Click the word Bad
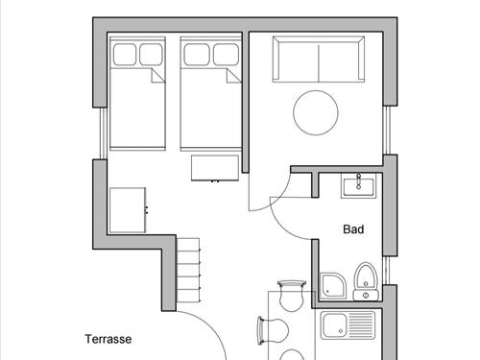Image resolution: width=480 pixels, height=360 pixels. pyautogui.click(x=353, y=229)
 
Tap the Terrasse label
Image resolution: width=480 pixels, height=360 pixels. pyautogui.click(x=108, y=339)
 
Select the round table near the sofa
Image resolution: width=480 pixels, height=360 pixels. pyautogui.click(x=315, y=112)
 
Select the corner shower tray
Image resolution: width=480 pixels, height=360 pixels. pyautogui.click(x=332, y=283)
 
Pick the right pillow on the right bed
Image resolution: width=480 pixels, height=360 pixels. pyautogui.click(x=226, y=53)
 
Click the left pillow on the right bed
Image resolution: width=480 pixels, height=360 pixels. pyautogui.click(x=196, y=53)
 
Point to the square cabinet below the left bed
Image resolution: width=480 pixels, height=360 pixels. pyautogui.click(x=129, y=209)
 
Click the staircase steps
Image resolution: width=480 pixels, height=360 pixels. pyautogui.click(x=190, y=274)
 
